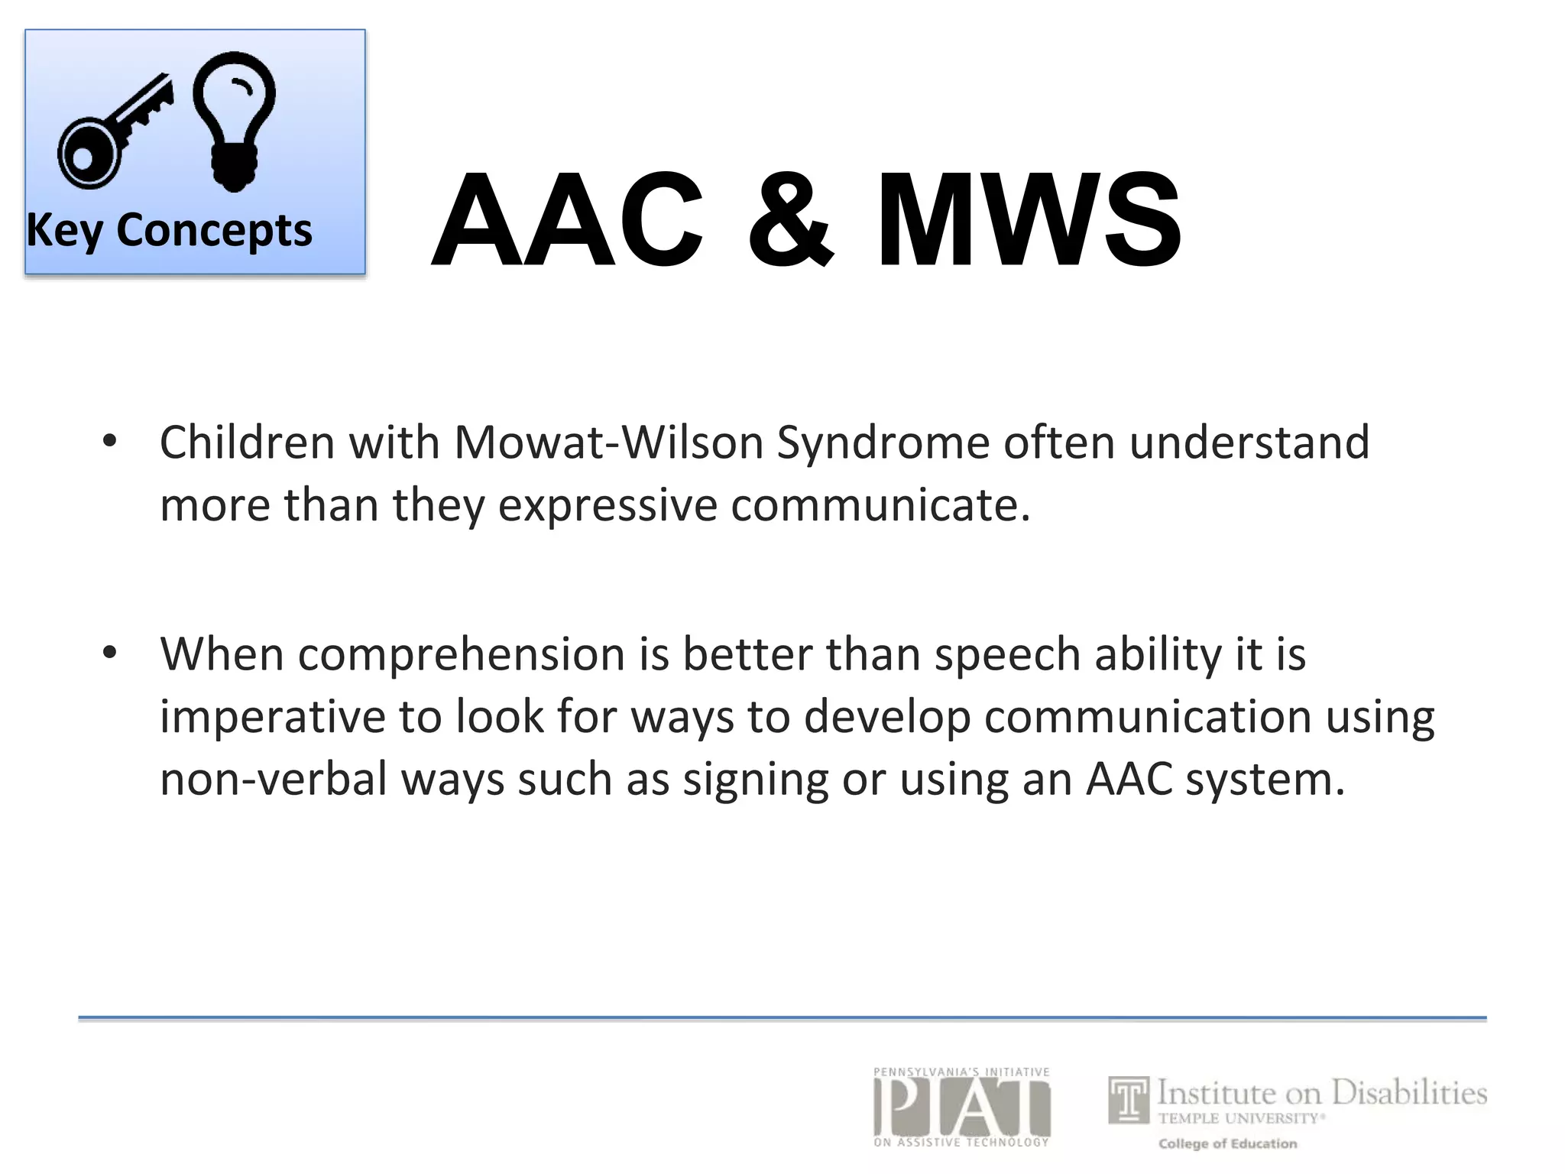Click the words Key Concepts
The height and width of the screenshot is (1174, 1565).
[169, 230]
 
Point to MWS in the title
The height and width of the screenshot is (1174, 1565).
[1029, 222]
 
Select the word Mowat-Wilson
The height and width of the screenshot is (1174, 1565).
[609, 443]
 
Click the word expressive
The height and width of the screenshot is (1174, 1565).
[608, 507]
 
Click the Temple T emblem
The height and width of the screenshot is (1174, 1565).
[1129, 1100]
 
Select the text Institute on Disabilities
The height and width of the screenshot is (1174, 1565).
[1321, 1093]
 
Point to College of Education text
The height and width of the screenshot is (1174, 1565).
[1227, 1143]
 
